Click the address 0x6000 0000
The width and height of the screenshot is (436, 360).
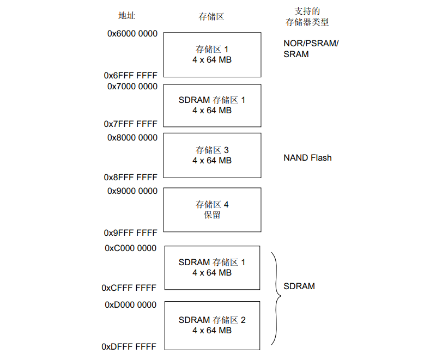point(132,34)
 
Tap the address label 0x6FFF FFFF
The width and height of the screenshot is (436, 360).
point(131,75)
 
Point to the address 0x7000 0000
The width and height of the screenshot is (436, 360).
point(132,86)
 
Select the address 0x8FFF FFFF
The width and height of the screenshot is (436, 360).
point(131,177)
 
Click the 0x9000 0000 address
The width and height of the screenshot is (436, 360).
point(132,191)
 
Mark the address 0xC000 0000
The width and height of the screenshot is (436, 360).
point(131,248)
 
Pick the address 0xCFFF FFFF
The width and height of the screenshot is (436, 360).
point(129,288)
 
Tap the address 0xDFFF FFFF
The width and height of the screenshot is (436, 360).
point(129,346)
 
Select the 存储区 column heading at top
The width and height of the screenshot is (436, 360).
point(211,16)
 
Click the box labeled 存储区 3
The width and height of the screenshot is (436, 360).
point(212,155)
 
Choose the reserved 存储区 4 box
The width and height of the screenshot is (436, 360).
point(212,210)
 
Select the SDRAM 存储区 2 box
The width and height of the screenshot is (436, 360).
point(212,325)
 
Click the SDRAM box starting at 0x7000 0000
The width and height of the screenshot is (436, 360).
point(212,105)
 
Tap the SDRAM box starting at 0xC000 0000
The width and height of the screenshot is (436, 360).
point(212,267)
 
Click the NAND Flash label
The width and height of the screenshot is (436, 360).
point(307,158)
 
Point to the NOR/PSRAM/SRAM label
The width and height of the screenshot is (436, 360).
point(311,48)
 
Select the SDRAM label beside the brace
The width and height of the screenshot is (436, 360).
point(299,286)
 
